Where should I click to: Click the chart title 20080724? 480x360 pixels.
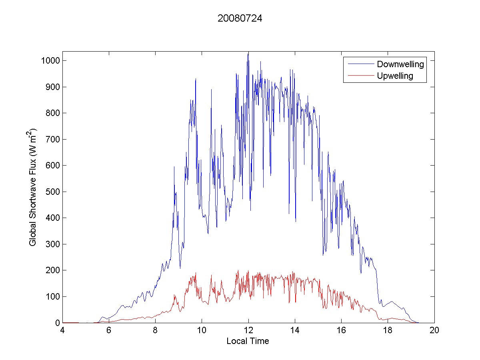pyautogui.click(x=240, y=18)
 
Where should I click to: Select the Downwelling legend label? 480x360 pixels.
pyautogui.click(x=400, y=64)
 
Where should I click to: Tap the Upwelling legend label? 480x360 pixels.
pyautogui.click(x=395, y=76)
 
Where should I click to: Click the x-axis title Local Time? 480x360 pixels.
pyautogui.click(x=248, y=341)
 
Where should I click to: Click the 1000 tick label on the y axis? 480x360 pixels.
pyautogui.click(x=51, y=61)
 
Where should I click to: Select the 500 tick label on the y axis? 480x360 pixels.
pyautogui.click(x=53, y=192)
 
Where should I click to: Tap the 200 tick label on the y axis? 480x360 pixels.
pyautogui.click(x=53, y=270)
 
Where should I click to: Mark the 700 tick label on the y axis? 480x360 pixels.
pyautogui.click(x=53, y=140)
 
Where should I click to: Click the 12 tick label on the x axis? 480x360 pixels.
pyautogui.click(x=248, y=331)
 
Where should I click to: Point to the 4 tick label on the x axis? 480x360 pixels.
pyautogui.click(x=62, y=331)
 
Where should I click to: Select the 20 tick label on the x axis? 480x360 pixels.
pyautogui.click(x=434, y=331)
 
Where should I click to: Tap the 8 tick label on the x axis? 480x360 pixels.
pyautogui.click(x=155, y=331)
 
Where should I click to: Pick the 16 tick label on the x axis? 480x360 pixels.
pyautogui.click(x=341, y=331)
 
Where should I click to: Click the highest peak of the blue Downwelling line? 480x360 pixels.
pyautogui.click(x=248, y=52)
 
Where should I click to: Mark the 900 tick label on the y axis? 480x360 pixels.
pyautogui.click(x=53, y=87)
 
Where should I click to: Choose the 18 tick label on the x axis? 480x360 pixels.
pyautogui.click(x=388, y=331)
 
